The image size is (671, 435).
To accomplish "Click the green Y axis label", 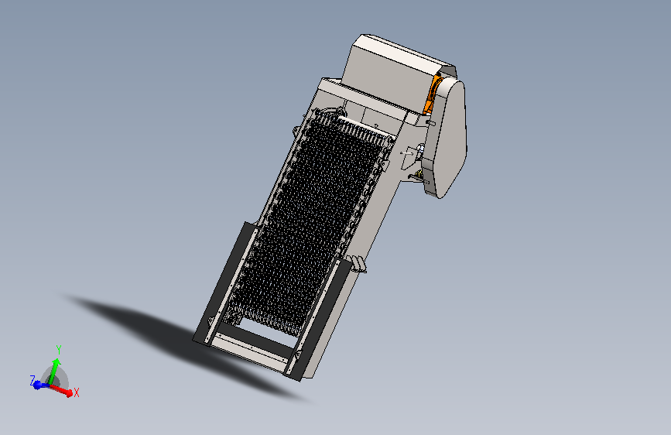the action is tap(59, 350).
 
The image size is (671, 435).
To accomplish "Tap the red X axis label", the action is tap(76, 392).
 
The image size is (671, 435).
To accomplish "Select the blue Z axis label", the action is tap(33, 380).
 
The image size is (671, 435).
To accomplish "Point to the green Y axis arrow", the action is tap(54, 372).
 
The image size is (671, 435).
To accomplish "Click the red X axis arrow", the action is tap(60, 390).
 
